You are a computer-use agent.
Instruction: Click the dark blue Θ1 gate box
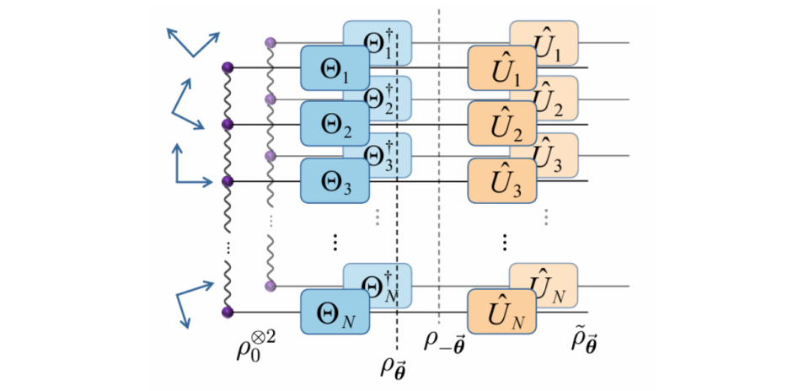333,68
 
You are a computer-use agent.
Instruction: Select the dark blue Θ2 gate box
333,125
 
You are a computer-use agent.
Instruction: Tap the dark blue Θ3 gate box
333,181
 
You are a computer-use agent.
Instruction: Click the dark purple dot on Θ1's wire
227,67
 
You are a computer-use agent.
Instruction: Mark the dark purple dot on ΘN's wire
227,313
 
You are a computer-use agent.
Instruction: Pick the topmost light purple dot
270,41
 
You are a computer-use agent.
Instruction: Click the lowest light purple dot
270,287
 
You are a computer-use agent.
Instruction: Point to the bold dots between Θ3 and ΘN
334,243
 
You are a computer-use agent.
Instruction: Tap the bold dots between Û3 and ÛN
505,243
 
